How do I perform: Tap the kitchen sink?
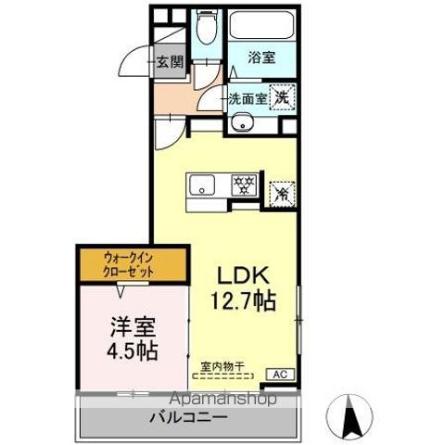tap(202, 185)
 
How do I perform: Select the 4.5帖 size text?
tap(132, 351)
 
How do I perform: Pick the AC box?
tap(280, 374)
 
